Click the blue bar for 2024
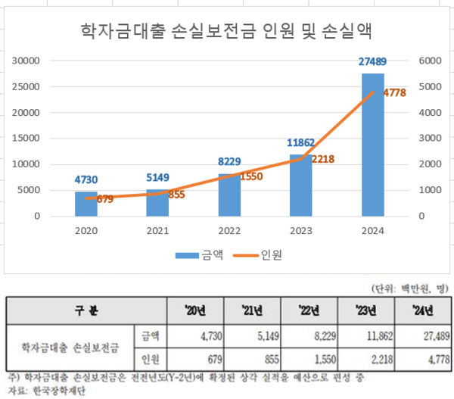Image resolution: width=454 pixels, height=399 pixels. (x=372, y=144)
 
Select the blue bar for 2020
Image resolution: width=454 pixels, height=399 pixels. (x=86, y=204)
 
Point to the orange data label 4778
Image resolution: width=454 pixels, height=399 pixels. (x=395, y=92)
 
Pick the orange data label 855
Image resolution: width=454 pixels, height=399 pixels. (x=176, y=195)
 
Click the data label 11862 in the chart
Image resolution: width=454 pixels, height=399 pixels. (x=300, y=142)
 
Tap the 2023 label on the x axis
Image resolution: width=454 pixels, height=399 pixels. (x=300, y=231)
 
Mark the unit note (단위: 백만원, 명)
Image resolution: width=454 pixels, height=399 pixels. (x=410, y=288)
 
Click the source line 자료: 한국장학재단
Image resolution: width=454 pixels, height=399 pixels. (x=45, y=391)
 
